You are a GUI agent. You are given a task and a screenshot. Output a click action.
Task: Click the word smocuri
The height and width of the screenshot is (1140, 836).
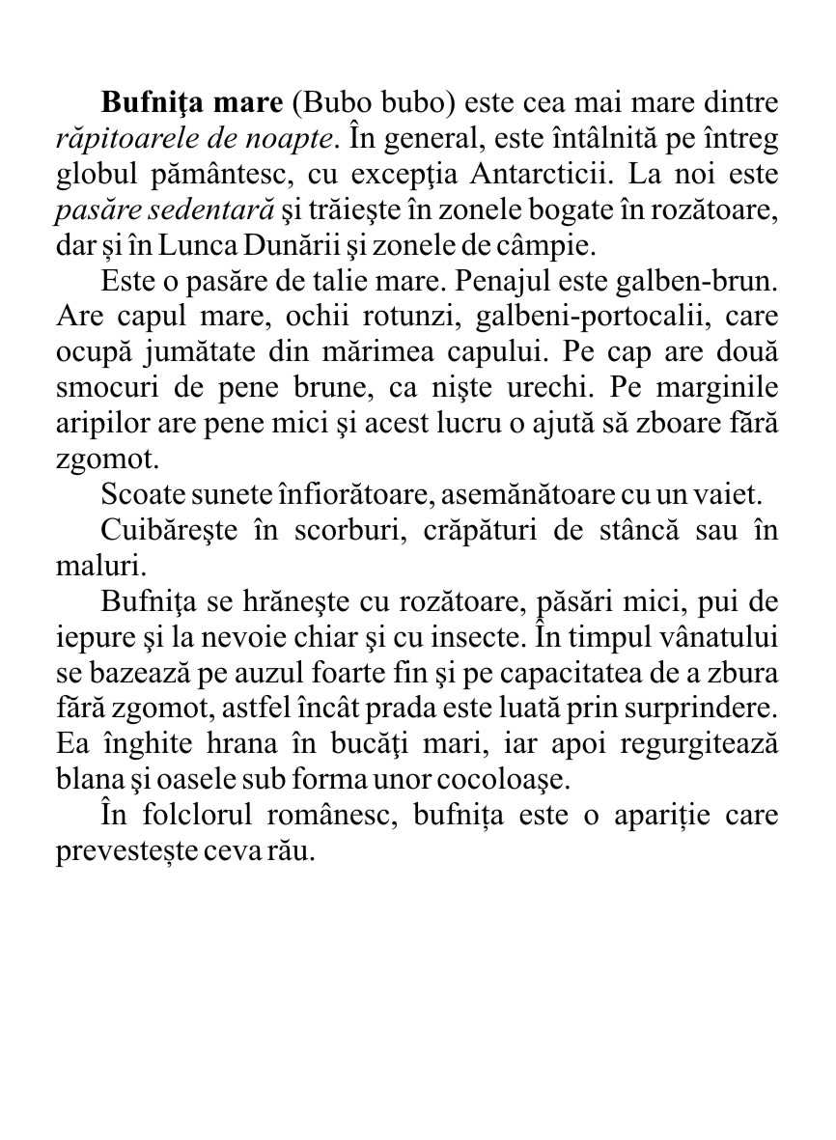coord(99,389)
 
